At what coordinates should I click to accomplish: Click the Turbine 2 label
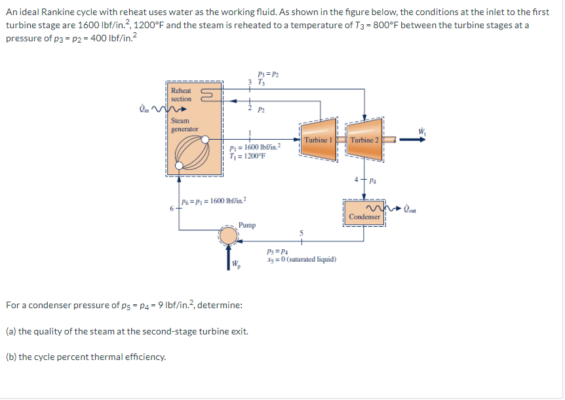364,140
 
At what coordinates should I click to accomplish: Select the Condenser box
364,216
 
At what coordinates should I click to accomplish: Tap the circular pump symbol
229,237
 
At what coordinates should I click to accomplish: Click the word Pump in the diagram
247,225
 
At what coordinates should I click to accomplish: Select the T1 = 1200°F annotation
248,155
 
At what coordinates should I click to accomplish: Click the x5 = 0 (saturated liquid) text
302,260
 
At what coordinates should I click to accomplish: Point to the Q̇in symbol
144,109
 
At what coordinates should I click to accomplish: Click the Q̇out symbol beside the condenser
411,210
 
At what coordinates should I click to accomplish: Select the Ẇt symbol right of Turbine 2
421,132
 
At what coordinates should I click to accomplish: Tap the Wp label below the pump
236,265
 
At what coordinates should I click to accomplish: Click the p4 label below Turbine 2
372,179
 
